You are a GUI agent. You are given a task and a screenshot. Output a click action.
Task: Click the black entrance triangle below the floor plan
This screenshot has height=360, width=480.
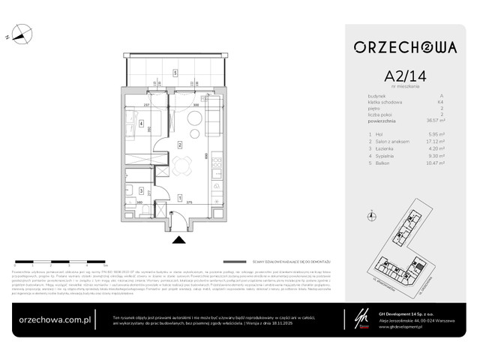point(178,240)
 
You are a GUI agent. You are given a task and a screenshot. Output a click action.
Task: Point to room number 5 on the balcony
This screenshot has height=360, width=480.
point(175,73)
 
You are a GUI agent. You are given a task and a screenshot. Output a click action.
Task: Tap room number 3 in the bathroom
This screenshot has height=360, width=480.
point(141,191)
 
